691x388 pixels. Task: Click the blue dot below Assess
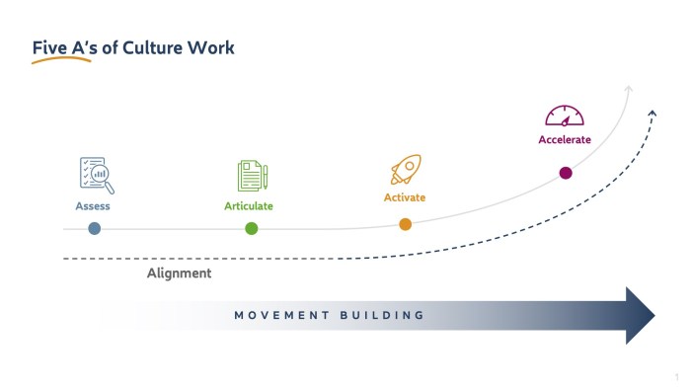[94, 228]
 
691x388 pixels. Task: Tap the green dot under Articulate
[252, 228]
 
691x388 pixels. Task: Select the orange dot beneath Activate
[405, 224]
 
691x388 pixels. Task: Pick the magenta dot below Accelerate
[566, 173]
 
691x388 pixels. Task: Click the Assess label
[93, 206]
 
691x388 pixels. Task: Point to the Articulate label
[249, 206]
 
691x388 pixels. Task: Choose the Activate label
[405, 197]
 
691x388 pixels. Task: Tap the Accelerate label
[565, 140]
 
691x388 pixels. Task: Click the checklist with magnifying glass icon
[96, 175]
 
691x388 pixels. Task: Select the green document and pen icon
[252, 176]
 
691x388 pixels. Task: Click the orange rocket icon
[405, 170]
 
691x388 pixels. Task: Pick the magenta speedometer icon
[565, 115]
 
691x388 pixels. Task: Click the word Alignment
[179, 273]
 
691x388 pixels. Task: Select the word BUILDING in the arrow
[382, 316]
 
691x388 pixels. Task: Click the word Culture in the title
[145, 47]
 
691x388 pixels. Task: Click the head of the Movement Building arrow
[640, 316]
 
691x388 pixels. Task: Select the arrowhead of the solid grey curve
[628, 91]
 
